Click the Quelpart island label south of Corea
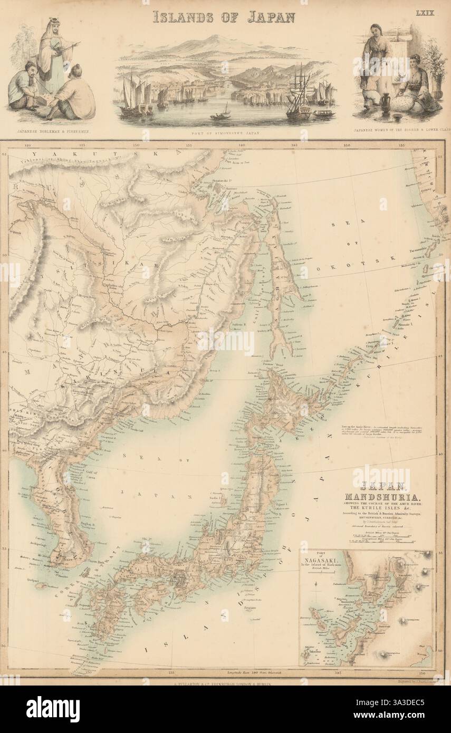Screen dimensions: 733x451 tap(30, 578)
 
